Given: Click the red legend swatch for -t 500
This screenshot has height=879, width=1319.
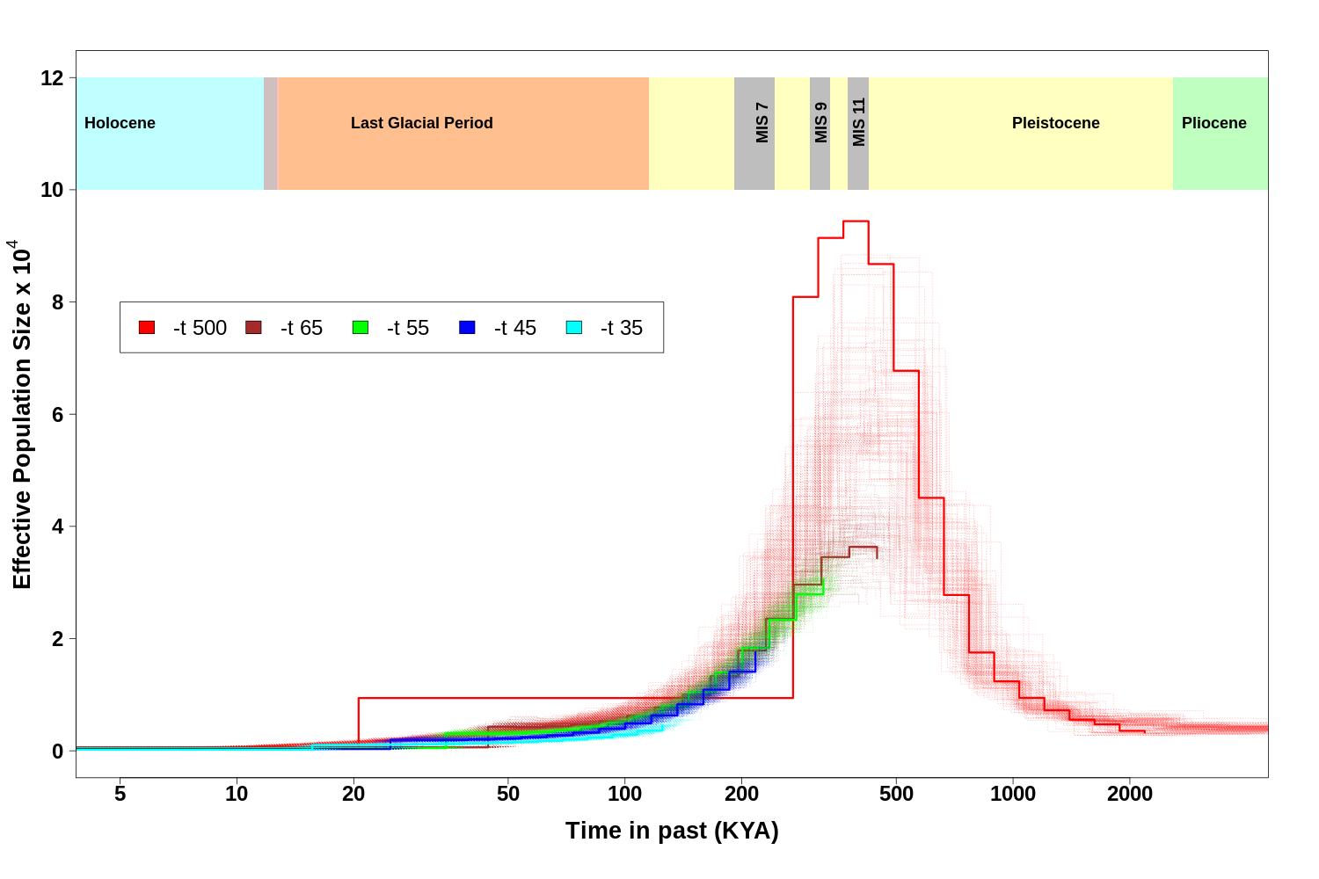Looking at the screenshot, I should pos(147,328).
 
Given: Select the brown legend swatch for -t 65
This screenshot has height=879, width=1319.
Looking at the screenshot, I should pos(253,328).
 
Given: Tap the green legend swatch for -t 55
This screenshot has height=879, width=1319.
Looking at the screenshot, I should pos(361,328).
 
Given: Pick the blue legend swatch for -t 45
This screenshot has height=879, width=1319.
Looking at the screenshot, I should pos(467,328).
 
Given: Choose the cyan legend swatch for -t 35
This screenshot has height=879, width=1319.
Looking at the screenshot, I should pos(574,328).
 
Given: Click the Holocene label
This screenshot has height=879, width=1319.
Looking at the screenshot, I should pos(120,123).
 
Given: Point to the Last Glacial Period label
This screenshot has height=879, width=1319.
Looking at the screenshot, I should pos(421,123).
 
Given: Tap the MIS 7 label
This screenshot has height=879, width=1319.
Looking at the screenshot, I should pos(762,123).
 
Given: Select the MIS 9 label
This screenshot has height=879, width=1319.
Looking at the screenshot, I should pos(821,123).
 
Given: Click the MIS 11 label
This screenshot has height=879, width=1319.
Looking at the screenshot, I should pos(859,122).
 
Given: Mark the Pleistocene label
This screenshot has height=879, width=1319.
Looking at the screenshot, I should pos(1055,123).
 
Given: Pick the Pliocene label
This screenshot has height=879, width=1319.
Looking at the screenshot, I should pos(1213,123).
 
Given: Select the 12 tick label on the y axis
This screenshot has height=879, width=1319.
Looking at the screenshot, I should pos(52,78).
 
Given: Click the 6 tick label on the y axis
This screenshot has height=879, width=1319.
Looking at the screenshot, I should pos(58,415).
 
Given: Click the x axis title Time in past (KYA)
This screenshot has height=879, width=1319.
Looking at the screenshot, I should pos(672,831).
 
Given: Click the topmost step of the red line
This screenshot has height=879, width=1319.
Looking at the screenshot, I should pos(856,222).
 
